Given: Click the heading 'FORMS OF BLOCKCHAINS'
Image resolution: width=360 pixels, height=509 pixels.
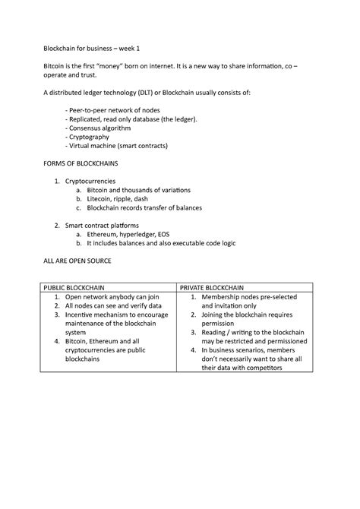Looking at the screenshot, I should coord(83,164).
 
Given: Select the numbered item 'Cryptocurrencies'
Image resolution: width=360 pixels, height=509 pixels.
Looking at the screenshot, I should coord(90,182).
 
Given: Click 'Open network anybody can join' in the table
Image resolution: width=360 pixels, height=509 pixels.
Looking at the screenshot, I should coord(111,297).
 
